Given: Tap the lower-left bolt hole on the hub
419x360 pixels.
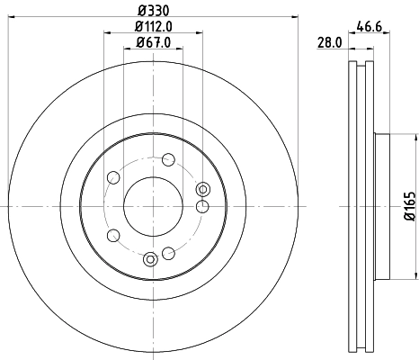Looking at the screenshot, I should point(113,236).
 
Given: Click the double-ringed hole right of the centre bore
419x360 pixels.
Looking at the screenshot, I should point(203,188).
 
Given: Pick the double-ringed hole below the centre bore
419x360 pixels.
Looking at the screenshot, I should point(150,259).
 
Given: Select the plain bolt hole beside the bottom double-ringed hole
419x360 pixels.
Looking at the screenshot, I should point(167,254).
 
